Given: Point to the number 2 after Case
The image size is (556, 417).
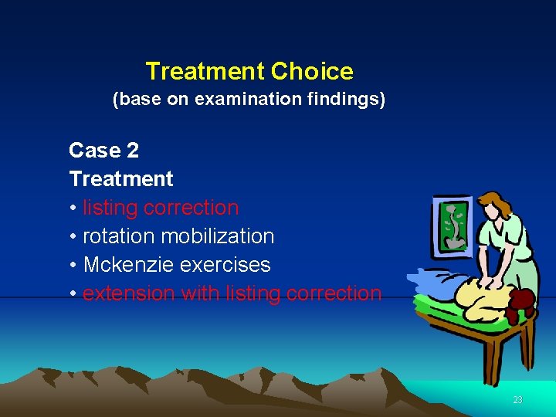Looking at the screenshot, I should click(132, 150).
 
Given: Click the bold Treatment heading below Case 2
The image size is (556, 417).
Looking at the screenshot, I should click(121, 178).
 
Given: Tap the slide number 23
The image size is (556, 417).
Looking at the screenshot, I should click(517, 399).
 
